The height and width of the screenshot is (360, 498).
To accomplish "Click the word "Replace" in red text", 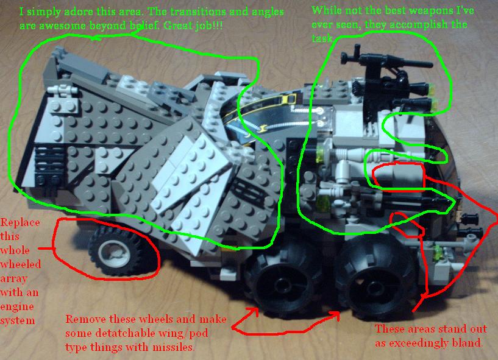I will pyautogui.click(x=20, y=222).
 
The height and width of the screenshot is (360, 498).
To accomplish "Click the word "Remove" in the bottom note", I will pyautogui.click(x=85, y=320).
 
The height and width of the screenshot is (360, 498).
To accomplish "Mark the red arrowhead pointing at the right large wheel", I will pyautogui.click(x=336, y=315).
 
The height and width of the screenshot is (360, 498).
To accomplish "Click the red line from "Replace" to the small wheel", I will pyautogui.click(x=45, y=249).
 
